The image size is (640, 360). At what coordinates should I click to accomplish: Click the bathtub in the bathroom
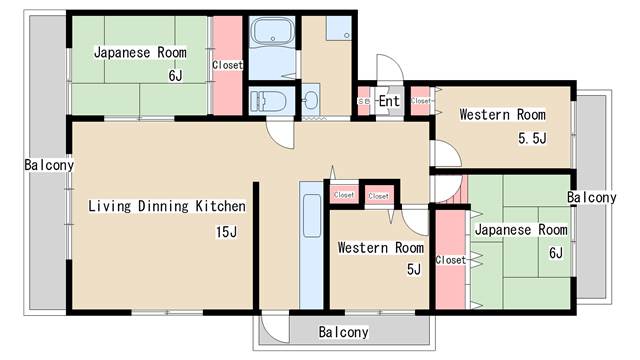point(272,31)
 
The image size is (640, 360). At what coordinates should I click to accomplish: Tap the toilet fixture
point(268,101)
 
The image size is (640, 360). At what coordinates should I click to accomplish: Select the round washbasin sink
point(311,100)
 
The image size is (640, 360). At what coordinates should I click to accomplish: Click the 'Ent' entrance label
point(389,101)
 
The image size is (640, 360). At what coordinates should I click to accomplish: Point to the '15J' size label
point(227,232)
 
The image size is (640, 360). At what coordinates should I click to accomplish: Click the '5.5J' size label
point(532,138)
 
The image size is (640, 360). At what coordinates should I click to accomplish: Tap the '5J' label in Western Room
point(414,269)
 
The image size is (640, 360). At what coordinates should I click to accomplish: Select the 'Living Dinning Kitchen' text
point(167,206)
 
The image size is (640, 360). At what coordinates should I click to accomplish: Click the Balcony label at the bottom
point(343,332)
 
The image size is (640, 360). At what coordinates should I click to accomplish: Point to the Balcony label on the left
point(49,165)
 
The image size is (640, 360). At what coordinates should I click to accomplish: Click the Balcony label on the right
point(591,198)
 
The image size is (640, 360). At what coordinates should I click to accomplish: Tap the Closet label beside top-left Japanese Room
point(227,65)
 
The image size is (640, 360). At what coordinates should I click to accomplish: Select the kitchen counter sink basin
point(312,216)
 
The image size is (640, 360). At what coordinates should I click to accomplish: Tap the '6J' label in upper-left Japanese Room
point(176,76)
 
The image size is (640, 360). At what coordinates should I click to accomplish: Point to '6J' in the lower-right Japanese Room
point(556,253)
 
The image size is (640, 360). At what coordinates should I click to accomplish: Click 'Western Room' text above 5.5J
point(502,115)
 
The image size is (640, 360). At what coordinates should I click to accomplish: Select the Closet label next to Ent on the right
point(420,100)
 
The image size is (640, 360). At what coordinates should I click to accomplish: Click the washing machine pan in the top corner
point(339,28)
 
